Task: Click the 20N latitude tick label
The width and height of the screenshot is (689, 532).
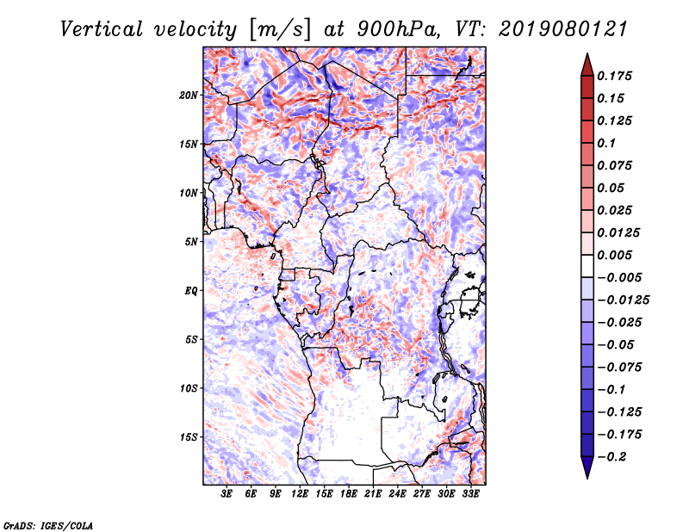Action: tap(189, 95)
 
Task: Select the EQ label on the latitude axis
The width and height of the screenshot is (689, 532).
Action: tap(191, 291)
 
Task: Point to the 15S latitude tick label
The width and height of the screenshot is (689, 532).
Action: tap(189, 437)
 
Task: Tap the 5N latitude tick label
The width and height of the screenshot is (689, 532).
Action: tap(191, 242)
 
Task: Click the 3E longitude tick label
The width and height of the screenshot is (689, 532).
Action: tap(227, 494)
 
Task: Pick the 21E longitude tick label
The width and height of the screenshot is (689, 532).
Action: tap(373, 494)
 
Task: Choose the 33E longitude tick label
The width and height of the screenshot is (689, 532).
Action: tap(470, 494)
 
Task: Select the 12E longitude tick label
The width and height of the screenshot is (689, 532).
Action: tap(300, 494)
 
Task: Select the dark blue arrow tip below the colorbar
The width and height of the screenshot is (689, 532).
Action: tap(587, 471)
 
